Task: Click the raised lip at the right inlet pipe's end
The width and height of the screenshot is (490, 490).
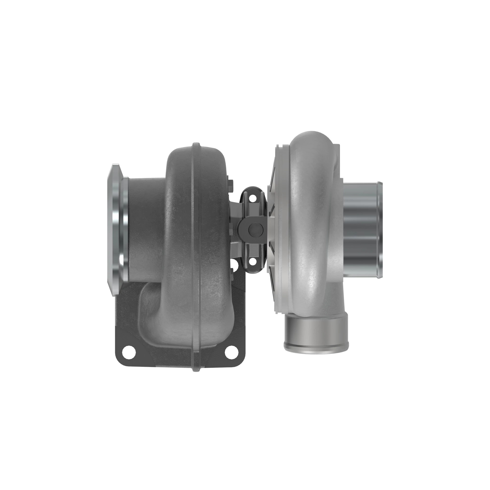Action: point(380,229)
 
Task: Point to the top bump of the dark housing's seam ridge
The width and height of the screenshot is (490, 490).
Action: point(196,146)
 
